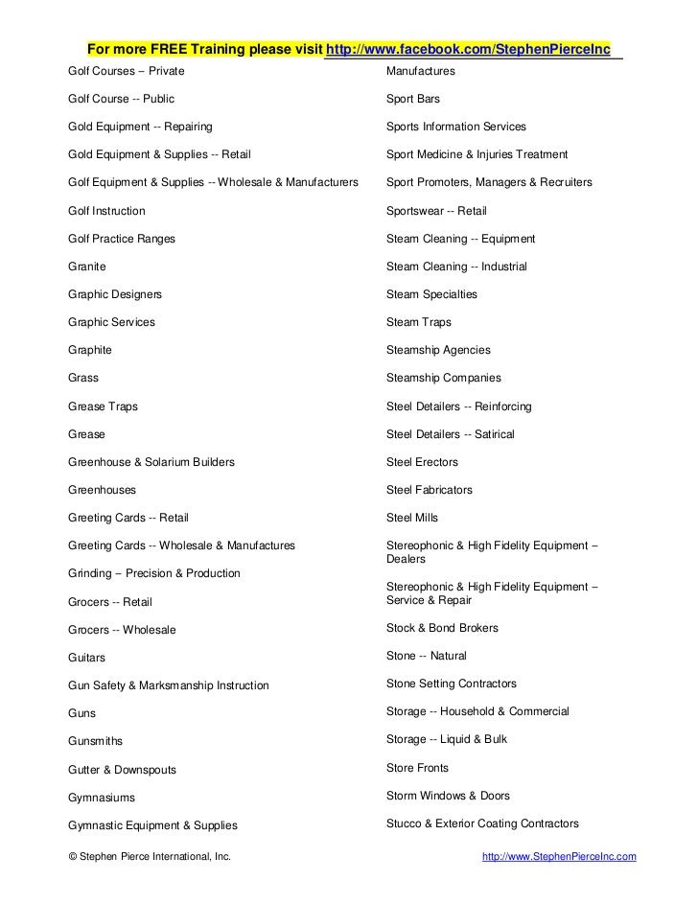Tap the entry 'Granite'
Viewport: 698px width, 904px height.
(87, 267)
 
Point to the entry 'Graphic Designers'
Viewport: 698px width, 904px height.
(115, 294)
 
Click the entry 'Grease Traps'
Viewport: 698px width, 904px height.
(104, 406)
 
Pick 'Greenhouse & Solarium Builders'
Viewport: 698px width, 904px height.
(151, 462)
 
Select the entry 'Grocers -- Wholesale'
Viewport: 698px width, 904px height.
(122, 630)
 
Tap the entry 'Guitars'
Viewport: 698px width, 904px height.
(87, 659)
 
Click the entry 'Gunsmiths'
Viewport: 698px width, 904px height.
(96, 741)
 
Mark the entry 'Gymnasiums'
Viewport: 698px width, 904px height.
(102, 798)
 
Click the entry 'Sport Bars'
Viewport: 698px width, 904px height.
(413, 99)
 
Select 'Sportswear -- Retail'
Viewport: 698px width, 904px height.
(436, 211)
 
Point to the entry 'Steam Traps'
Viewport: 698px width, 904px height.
(418, 322)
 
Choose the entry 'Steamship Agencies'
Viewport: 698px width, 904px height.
(438, 351)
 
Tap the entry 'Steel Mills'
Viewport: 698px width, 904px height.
(412, 518)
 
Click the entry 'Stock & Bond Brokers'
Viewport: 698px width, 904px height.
(442, 629)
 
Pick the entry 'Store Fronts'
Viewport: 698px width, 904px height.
(417, 768)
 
